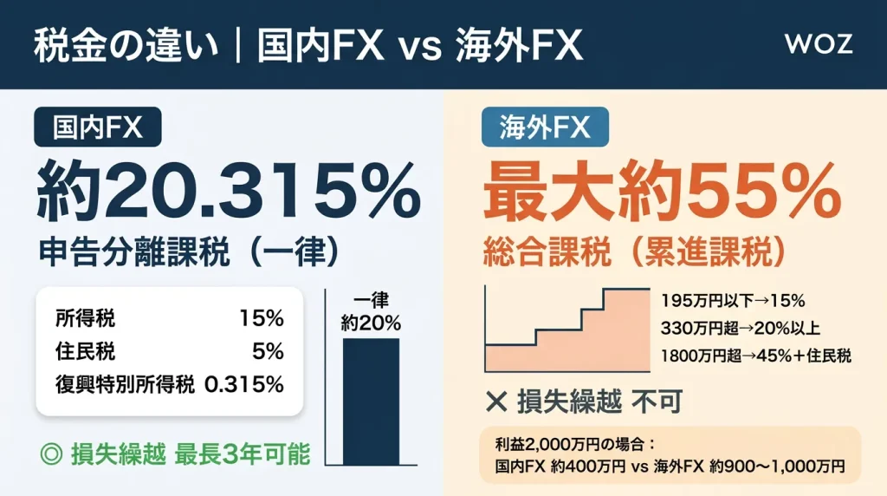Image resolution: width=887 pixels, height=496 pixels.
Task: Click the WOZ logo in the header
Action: pyautogui.click(x=818, y=44)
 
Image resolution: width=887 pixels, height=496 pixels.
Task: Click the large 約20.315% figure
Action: pyautogui.click(x=227, y=193)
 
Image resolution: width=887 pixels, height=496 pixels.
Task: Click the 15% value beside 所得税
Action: pyautogui.click(x=262, y=319)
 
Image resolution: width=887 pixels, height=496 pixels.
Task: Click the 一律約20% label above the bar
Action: pyautogui.click(x=371, y=312)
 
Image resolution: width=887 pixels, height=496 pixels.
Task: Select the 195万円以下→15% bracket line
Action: pyautogui.click(x=733, y=301)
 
